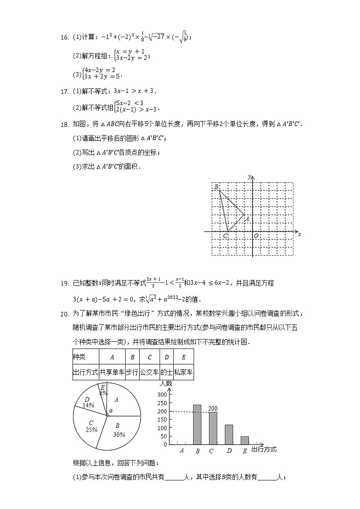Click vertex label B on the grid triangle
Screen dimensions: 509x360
[216, 187]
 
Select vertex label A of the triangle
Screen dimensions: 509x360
[247, 218]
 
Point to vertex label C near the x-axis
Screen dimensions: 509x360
[225, 236]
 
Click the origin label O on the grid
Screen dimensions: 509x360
[256, 236]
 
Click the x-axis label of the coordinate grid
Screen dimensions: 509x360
[300, 234]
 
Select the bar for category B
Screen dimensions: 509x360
[197, 424]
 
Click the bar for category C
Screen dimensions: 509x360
[213, 428]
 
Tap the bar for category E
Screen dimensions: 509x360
[245, 440]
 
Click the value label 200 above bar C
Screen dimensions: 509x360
[213, 408]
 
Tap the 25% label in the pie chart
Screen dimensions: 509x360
[92, 429]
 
